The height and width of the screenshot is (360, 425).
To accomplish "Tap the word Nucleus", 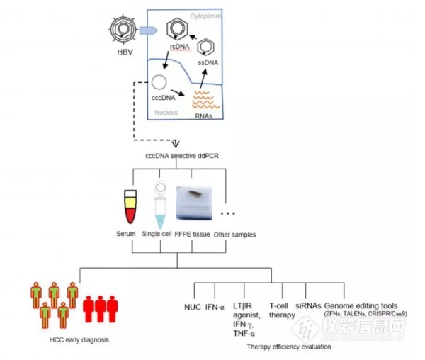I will click(x=166, y=113).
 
